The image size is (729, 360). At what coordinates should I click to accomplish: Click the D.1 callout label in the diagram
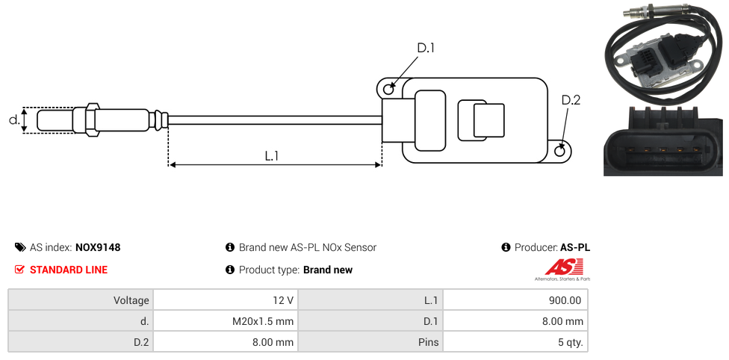[x=426, y=48]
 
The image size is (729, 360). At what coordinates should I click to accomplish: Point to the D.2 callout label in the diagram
[x=571, y=100]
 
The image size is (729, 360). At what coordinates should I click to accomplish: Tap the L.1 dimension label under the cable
[x=272, y=156]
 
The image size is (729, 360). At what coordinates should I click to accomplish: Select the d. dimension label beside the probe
[x=14, y=120]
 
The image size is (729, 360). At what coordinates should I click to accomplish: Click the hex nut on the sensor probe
[x=92, y=120]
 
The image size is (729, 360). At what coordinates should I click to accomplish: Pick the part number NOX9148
[x=98, y=247]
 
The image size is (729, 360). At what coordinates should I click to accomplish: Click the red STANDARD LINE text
[x=69, y=270]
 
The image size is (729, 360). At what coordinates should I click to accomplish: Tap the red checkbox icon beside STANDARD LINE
[x=19, y=270]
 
